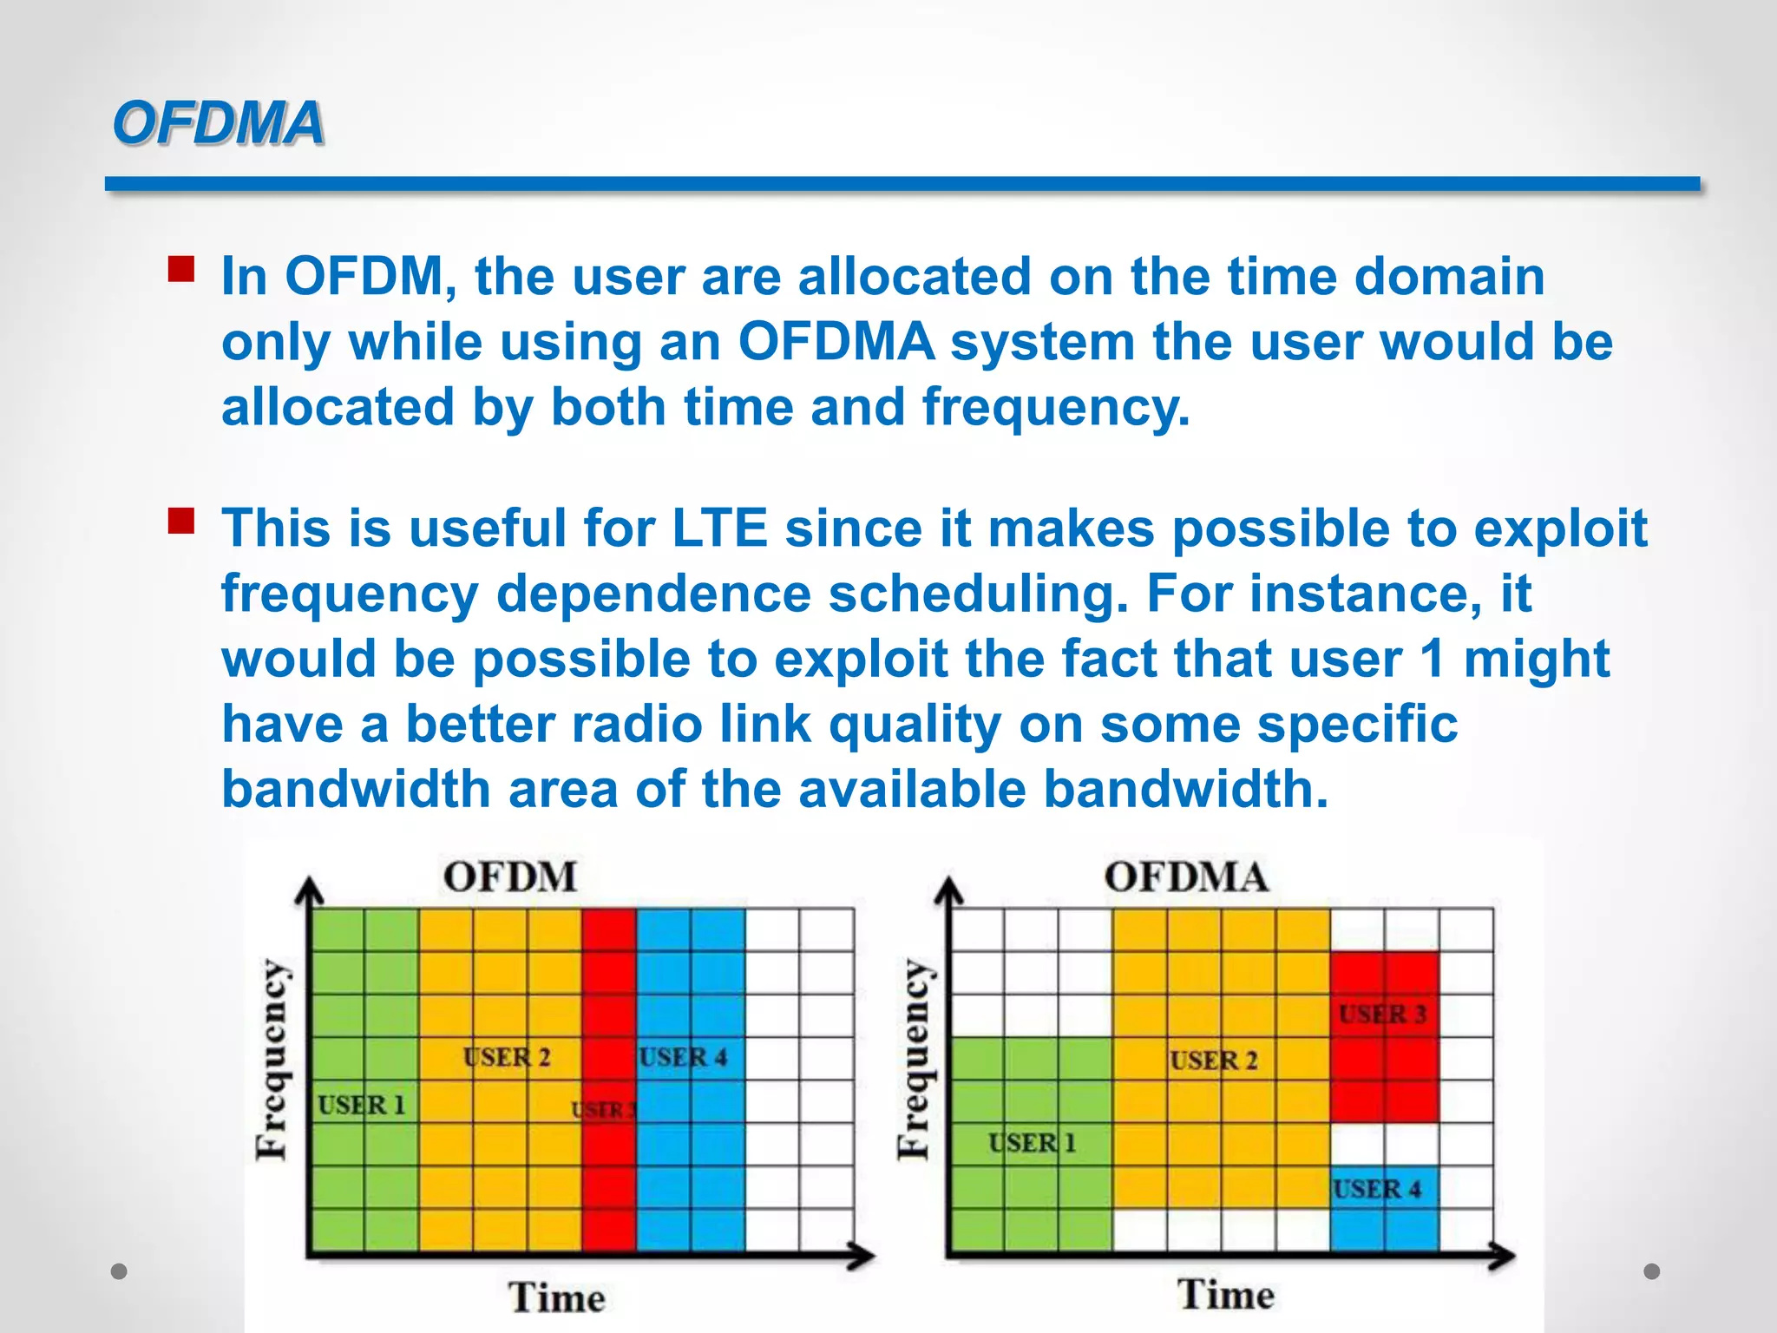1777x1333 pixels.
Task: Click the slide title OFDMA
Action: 218,122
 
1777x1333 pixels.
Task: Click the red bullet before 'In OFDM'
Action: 181,269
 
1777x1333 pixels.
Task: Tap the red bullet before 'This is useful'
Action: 181,521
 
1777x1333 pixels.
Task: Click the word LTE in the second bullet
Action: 720,529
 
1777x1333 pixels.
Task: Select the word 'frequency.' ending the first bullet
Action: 1055,408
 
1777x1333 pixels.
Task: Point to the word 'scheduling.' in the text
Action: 978,594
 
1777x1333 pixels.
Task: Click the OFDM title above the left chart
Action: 510,877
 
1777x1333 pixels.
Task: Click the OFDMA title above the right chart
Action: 1185,877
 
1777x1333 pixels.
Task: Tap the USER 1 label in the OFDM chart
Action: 361,1105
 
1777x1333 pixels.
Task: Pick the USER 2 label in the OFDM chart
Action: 507,1057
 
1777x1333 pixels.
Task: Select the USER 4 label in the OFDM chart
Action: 683,1057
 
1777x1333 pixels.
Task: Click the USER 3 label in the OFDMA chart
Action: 1382,1014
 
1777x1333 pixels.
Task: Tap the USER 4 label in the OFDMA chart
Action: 1377,1189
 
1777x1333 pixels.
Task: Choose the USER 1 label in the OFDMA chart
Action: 1032,1143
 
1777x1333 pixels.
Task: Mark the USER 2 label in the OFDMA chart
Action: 1213,1060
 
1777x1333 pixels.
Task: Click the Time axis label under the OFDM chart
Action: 556,1297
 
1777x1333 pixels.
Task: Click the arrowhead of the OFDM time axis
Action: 864,1255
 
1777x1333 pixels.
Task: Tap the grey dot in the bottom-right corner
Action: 1652,1271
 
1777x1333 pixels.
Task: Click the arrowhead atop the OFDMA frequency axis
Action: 950,890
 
